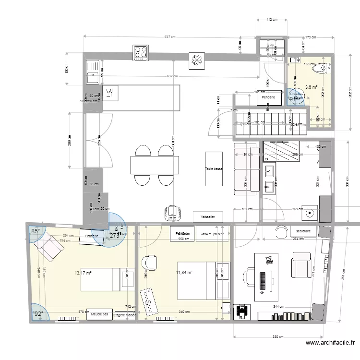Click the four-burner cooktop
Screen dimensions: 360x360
tap(141, 52)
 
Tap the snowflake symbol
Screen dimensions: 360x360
tap(196, 60)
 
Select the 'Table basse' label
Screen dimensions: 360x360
tap(214, 169)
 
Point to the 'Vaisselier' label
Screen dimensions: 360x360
tap(208, 217)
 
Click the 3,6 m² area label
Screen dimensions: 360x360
tap(311, 87)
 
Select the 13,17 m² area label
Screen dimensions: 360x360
tap(83, 273)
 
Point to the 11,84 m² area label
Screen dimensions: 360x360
tap(184, 273)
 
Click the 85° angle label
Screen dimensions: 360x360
tap(36, 231)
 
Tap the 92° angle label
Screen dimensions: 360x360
tap(37, 314)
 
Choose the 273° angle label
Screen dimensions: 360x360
tap(114, 236)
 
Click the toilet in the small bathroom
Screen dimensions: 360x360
tap(318, 70)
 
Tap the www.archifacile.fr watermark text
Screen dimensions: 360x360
tap(330, 343)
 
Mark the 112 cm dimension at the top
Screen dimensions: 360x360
tap(272, 20)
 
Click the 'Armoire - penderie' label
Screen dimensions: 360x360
tap(213, 234)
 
